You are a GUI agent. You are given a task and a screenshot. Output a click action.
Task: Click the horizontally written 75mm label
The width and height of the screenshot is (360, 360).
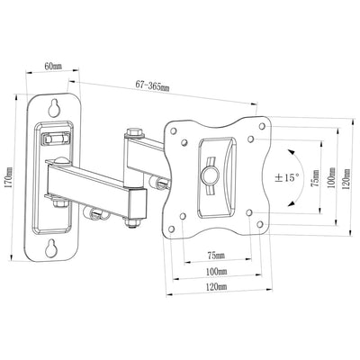click(217, 255)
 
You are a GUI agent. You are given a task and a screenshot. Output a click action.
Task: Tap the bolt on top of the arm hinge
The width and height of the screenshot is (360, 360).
click(136, 131)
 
